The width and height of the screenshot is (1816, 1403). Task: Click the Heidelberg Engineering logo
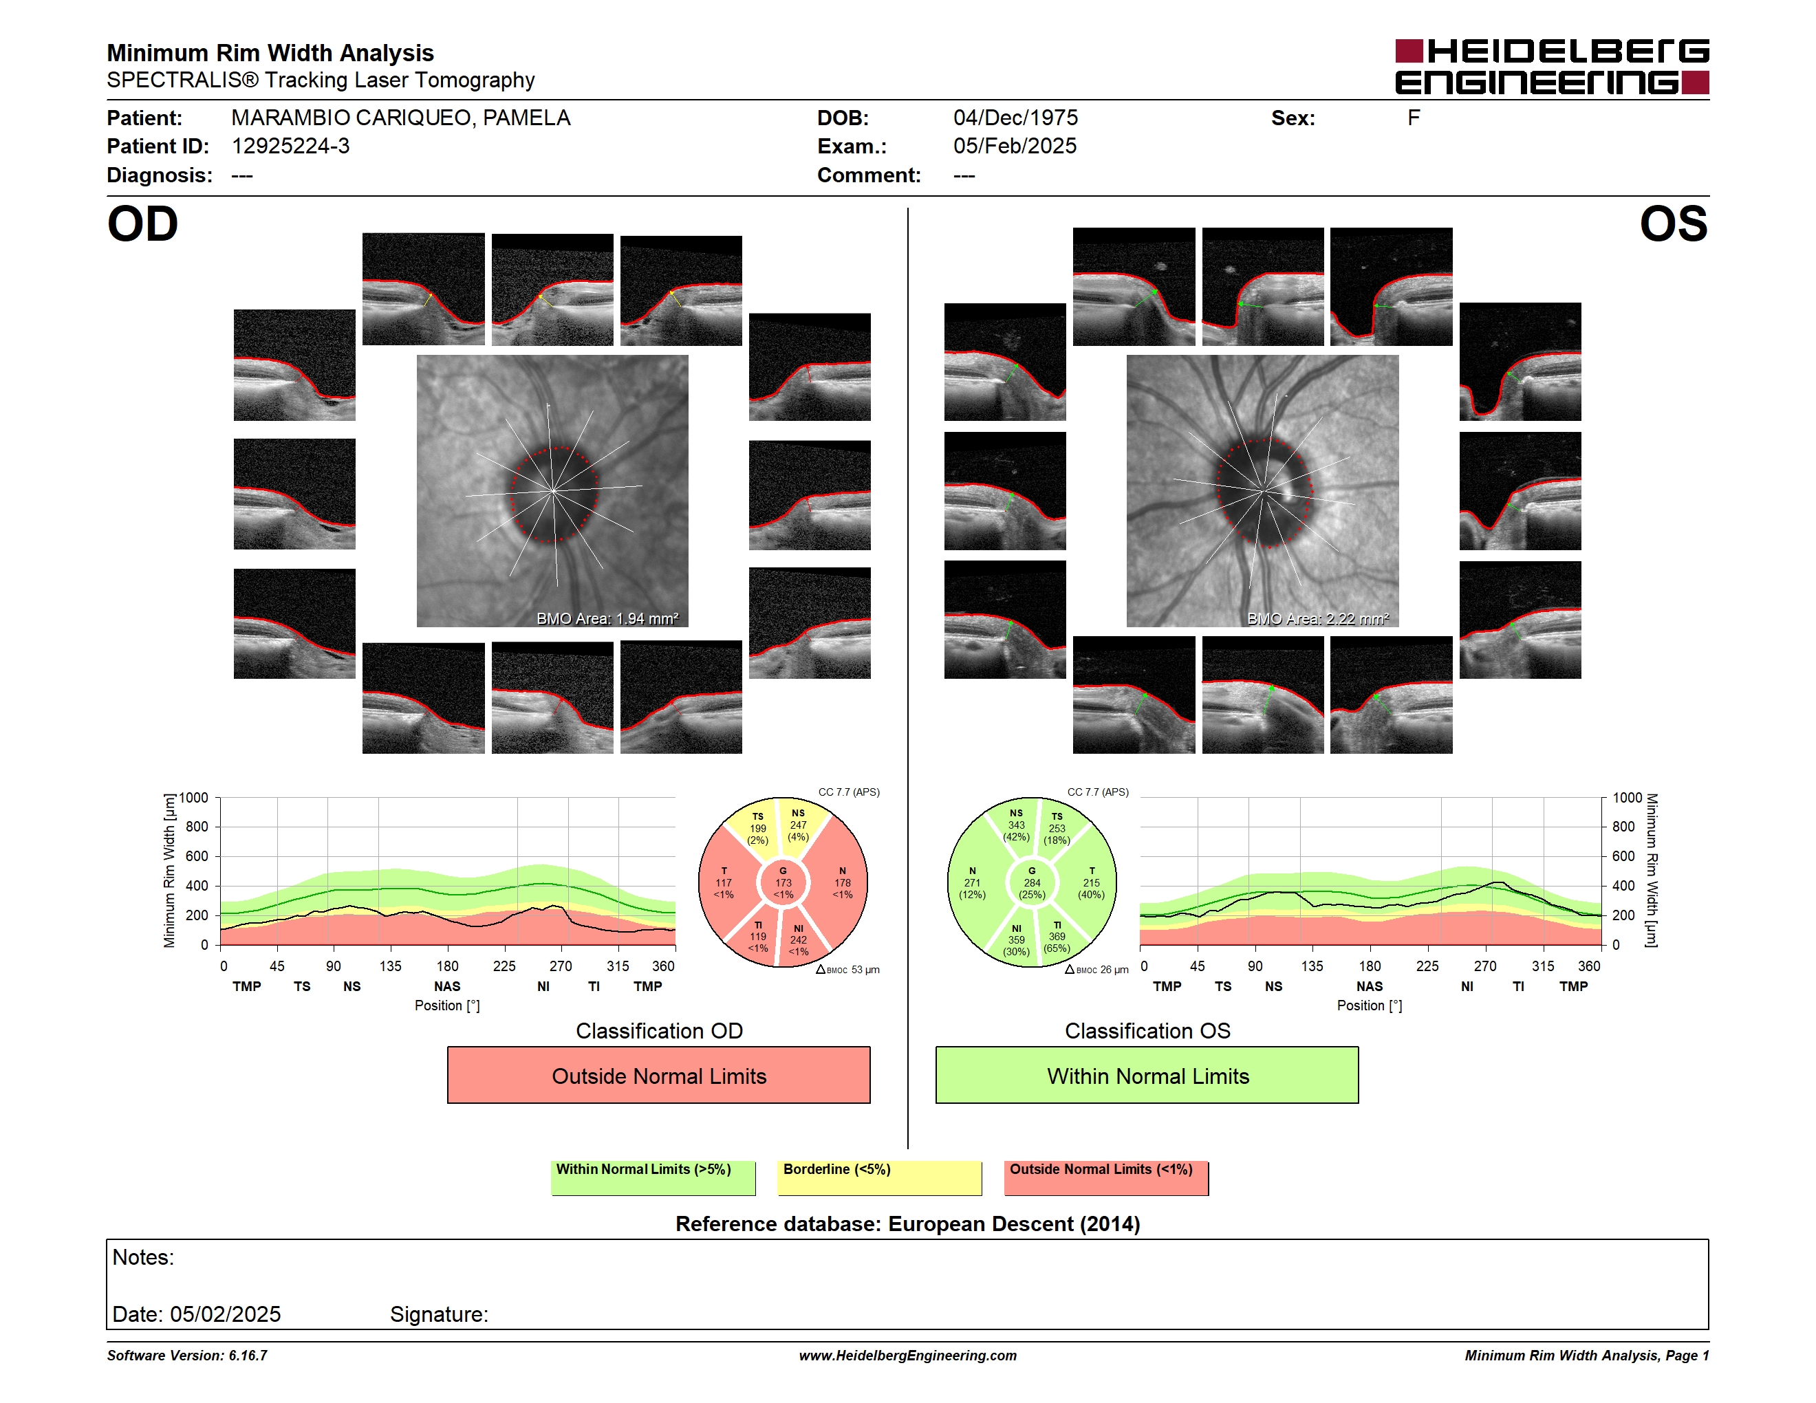(1552, 67)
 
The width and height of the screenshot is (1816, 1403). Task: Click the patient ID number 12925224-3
(290, 146)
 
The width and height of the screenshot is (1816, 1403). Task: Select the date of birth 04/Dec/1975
(1015, 118)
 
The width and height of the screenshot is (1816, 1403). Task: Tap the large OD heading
(143, 224)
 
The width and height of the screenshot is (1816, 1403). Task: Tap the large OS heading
(1673, 224)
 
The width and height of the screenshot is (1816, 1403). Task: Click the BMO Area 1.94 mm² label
(607, 618)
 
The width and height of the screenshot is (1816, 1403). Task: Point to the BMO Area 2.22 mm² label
(1318, 618)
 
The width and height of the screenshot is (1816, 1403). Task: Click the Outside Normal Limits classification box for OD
(658, 1075)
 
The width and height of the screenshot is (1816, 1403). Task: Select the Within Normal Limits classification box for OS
(1147, 1075)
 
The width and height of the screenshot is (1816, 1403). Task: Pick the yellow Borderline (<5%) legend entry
(880, 1177)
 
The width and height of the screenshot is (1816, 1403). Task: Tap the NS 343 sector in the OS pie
(1016, 825)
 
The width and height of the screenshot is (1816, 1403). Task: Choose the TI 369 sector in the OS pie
(1057, 937)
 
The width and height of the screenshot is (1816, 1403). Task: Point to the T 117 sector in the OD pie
(724, 882)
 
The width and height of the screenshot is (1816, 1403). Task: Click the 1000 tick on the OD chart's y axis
(194, 798)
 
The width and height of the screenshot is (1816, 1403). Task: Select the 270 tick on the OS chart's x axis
(1485, 966)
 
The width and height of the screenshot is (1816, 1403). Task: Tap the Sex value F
(1414, 118)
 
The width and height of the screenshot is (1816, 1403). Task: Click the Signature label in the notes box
(439, 1314)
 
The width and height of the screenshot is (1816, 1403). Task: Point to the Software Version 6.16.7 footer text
(187, 1356)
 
